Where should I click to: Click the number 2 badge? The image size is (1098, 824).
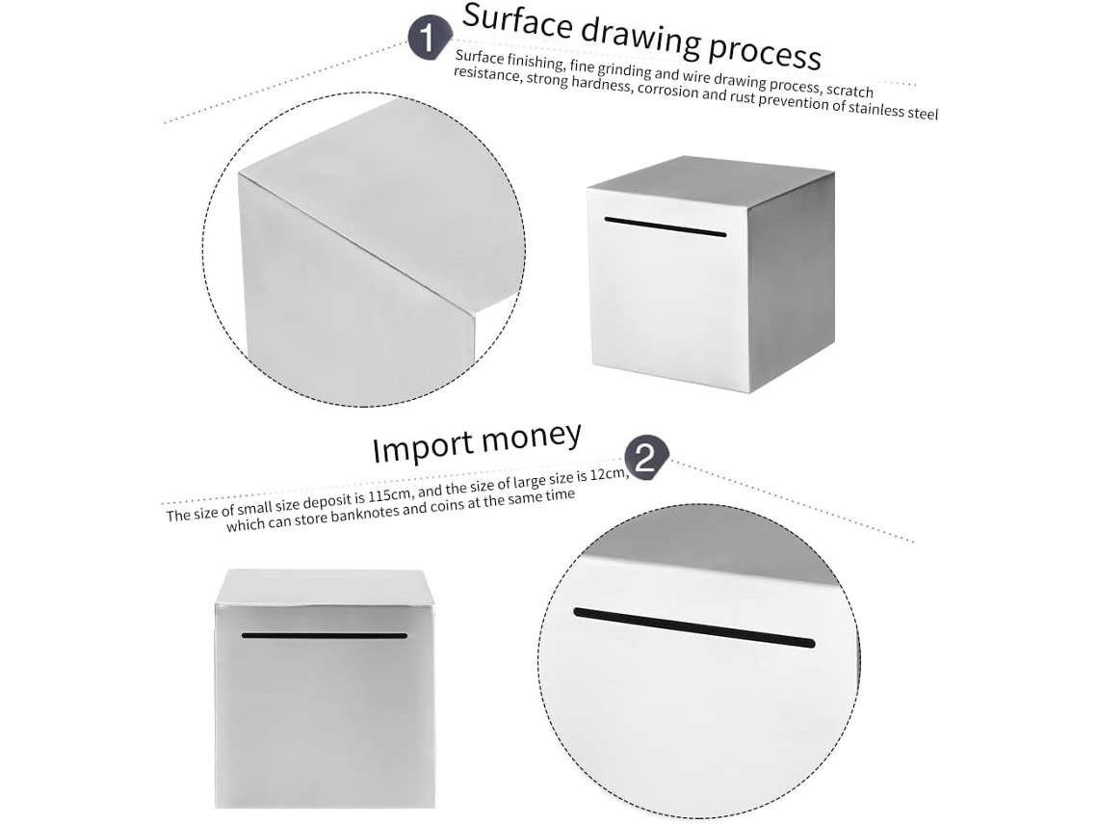pos(645,458)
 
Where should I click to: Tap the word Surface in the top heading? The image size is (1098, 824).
pos(517,22)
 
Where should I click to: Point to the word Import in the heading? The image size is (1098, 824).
pos(422,448)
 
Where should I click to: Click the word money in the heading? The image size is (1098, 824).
pos(532,438)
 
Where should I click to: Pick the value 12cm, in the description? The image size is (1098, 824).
pos(607,476)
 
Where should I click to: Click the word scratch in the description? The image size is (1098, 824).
pos(850,91)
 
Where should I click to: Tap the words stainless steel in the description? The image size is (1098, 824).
pos(894,109)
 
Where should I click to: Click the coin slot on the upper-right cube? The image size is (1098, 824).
pos(666,227)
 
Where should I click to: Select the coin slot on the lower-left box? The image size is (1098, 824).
pos(325,636)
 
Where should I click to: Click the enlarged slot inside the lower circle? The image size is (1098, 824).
pos(693,627)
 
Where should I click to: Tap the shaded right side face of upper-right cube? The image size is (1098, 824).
pos(792,280)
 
